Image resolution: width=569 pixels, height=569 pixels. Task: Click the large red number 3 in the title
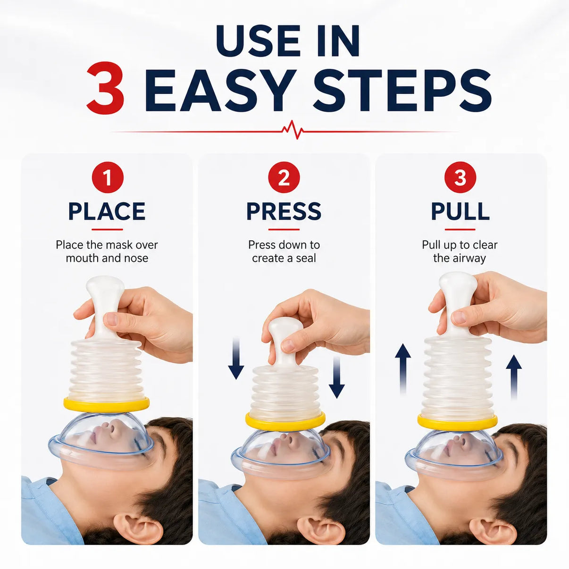[105, 88]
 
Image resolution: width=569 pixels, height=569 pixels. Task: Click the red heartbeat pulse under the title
[293, 129]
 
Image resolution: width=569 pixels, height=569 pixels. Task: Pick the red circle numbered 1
[108, 177]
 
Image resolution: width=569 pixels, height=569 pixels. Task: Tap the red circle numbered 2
[284, 177]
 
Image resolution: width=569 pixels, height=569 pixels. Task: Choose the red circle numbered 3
[460, 177]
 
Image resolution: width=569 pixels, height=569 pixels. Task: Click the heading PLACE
[107, 211]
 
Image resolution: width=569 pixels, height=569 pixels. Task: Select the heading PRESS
[284, 211]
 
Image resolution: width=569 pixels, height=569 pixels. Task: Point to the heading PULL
[460, 211]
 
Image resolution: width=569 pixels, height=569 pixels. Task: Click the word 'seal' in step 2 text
[306, 258]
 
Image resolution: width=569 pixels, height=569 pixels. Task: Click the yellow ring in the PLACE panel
[106, 404]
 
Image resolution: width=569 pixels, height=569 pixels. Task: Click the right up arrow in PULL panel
[514, 376]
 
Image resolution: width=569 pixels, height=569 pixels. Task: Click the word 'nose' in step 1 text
[137, 259]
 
